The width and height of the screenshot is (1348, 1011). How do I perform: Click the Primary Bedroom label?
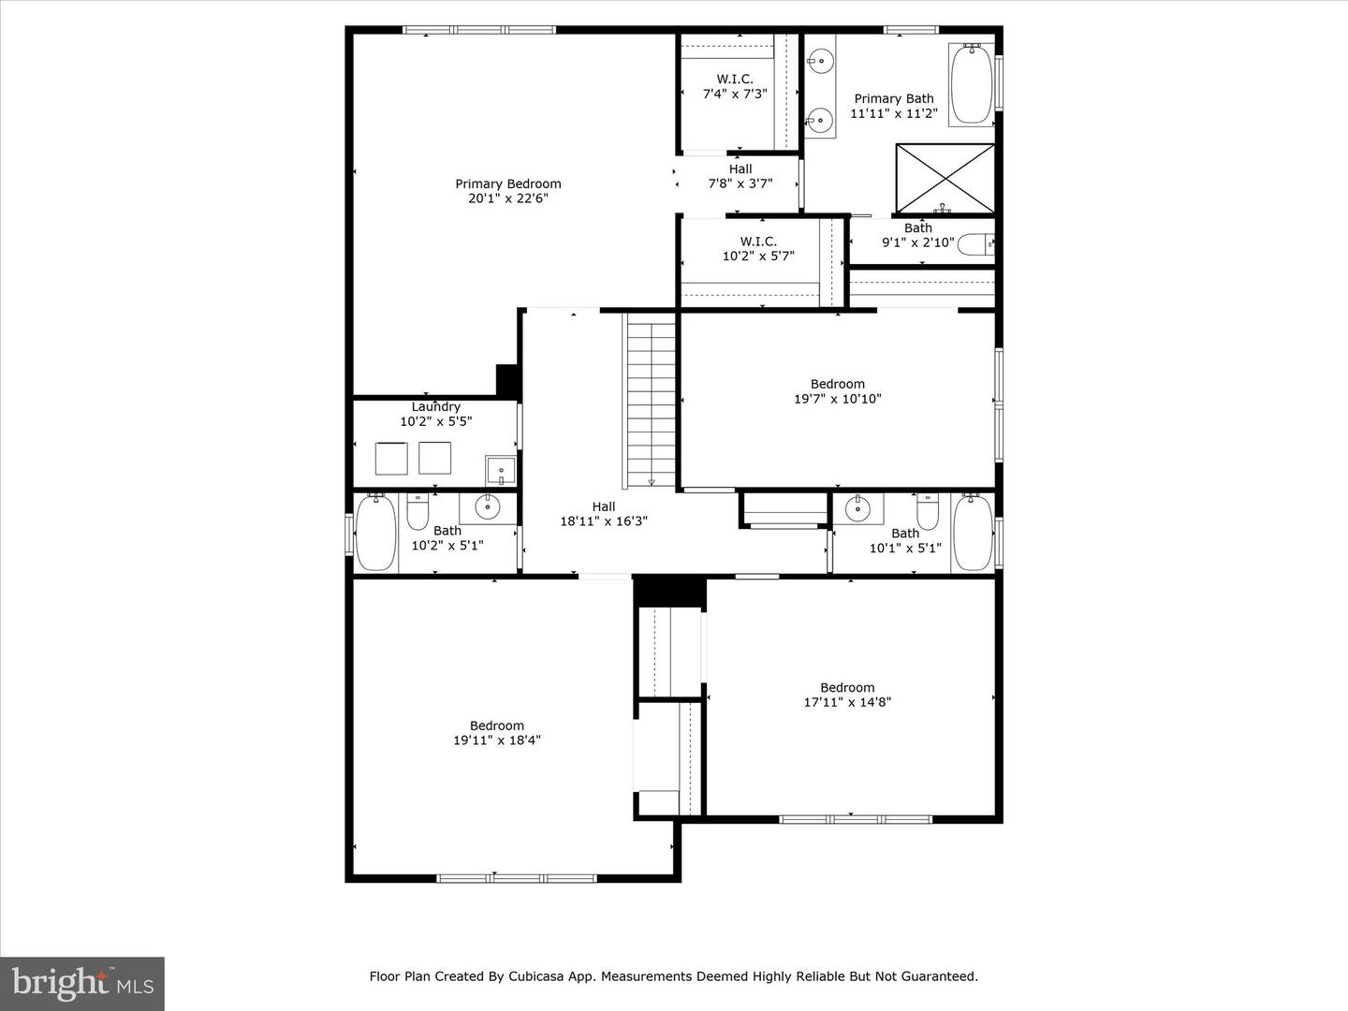tap(508, 184)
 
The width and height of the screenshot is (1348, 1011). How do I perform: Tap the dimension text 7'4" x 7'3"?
tap(735, 94)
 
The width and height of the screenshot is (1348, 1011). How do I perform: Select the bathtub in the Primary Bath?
tap(972, 84)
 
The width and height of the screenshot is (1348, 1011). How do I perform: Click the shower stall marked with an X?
tap(945, 178)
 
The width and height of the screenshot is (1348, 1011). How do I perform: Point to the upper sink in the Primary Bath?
tap(820, 61)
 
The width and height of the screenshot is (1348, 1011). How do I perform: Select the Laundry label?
tap(436, 406)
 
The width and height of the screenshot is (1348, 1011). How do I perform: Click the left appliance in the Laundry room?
tap(391, 458)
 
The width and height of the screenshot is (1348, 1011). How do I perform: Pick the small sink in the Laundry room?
tap(500, 470)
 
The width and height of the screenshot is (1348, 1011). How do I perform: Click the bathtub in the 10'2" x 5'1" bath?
tap(375, 533)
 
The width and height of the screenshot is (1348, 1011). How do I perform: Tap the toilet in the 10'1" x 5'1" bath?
tap(927, 513)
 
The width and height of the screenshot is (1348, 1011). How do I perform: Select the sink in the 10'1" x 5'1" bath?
tap(858, 509)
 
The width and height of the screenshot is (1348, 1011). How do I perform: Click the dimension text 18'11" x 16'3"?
tap(604, 521)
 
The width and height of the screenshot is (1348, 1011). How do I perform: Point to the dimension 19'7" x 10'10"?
tap(838, 399)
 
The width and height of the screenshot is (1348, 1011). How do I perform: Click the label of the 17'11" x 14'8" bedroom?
tap(847, 687)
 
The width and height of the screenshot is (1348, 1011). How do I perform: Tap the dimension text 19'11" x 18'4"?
tap(497, 740)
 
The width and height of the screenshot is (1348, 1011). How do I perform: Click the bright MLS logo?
tap(82, 983)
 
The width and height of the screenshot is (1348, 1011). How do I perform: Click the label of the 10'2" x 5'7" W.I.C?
tap(758, 242)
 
